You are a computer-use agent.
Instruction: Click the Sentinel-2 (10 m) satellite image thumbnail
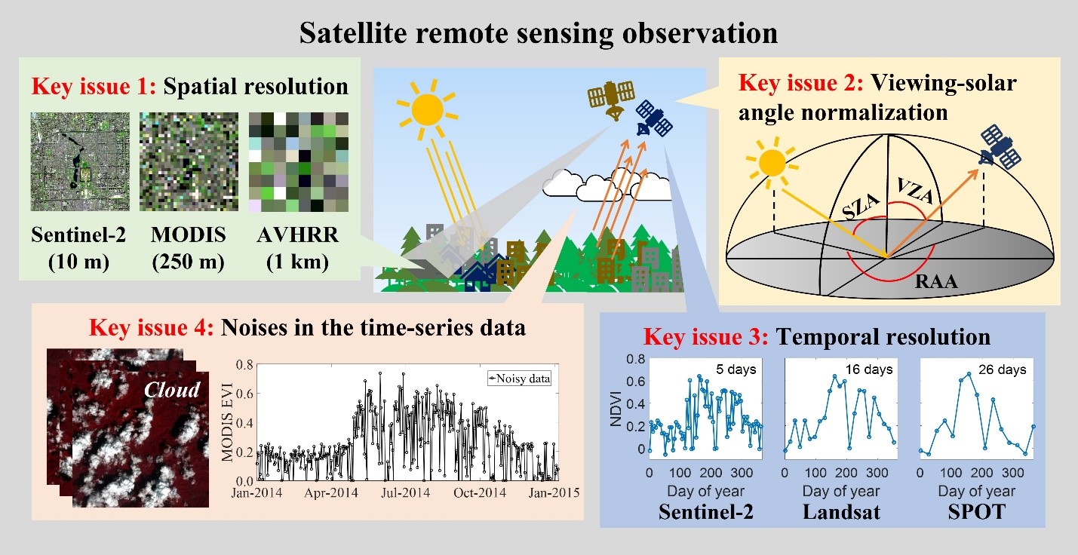click(80, 161)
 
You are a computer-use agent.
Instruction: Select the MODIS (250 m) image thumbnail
click(189, 161)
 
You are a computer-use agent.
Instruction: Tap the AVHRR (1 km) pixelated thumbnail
click(299, 162)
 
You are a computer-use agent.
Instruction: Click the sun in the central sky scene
click(427, 109)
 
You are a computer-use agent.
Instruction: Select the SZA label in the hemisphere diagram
click(861, 207)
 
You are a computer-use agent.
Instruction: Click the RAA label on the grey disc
click(936, 281)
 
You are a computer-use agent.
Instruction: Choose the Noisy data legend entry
click(519, 379)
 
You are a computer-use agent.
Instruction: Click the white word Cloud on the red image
click(172, 390)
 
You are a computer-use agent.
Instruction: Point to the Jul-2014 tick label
click(405, 493)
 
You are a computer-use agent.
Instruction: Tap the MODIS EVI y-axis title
click(226, 422)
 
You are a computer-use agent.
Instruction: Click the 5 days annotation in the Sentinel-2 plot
click(736, 369)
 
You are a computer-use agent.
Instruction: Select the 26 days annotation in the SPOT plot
click(1002, 369)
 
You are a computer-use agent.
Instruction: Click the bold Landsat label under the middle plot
click(841, 512)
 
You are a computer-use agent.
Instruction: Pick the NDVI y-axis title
click(616, 409)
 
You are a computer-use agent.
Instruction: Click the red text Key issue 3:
click(706, 336)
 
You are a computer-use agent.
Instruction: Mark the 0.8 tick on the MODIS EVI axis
click(244, 365)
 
